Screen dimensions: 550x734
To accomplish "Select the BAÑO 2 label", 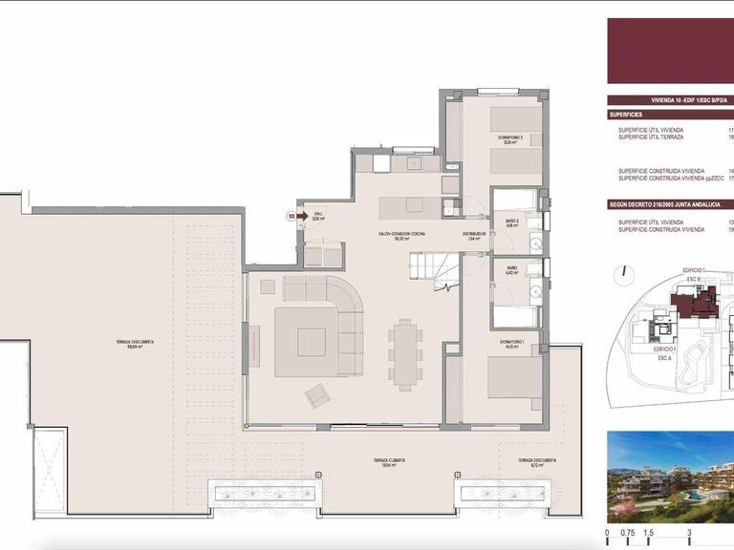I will tap(511, 223).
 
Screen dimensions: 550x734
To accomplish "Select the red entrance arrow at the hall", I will tap(303, 217).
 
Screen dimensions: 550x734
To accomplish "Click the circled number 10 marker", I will tap(291, 217).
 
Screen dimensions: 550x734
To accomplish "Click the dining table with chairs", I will tap(405, 351).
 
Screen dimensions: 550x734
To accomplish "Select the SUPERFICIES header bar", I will tap(669, 114).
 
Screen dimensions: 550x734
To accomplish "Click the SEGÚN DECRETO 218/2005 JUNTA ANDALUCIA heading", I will tap(669, 204).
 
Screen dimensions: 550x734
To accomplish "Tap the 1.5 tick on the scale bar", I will tap(648, 533).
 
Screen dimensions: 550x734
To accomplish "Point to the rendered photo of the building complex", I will tap(669, 472).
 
